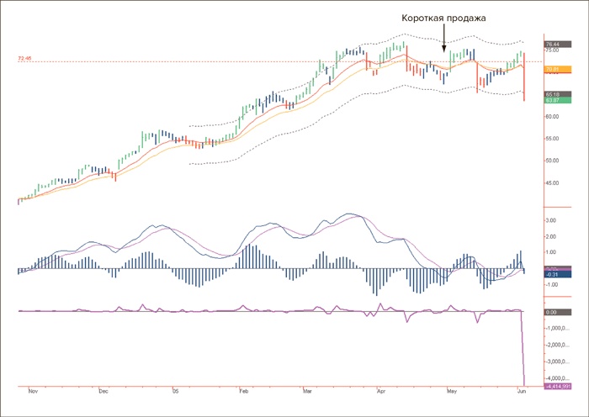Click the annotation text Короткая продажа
pyautogui.click(x=443, y=18)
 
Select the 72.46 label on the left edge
pyautogui.click(x=24, y=59)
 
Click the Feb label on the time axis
pyautogui.click(x=242, y=392)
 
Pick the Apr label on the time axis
pyautogui.click(x=381, y=392)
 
